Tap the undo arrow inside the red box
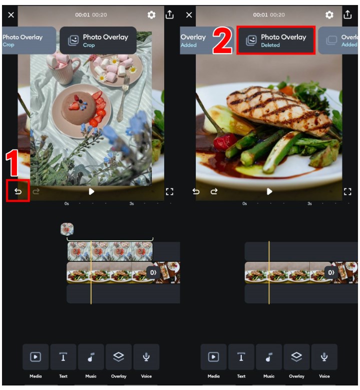(x=18, y=191)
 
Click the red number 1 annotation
(x=12, y=163)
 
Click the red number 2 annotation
(x=222, y=40)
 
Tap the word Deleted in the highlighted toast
(x=270, y=45)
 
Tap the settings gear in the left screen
(x=151, y=15)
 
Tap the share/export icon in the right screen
(x=347, y=15)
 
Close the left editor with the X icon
(x=11, y=15)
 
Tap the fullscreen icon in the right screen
(x=347, y=192)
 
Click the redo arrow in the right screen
(x=214, y=191)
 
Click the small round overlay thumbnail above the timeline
(x=67, y=229)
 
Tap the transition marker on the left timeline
(x=153, y=273)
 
